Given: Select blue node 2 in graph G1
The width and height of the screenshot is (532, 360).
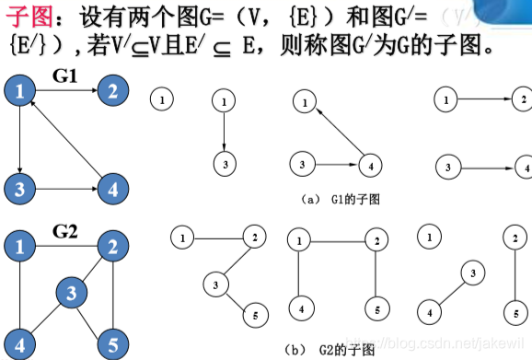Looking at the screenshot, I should (112, 89).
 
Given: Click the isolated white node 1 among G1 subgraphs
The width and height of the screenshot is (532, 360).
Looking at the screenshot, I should (161, 97).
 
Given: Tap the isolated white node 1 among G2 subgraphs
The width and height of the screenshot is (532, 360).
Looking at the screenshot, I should (427, 237).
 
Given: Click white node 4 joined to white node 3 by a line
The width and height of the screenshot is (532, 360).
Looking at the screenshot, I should (429, 312).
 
